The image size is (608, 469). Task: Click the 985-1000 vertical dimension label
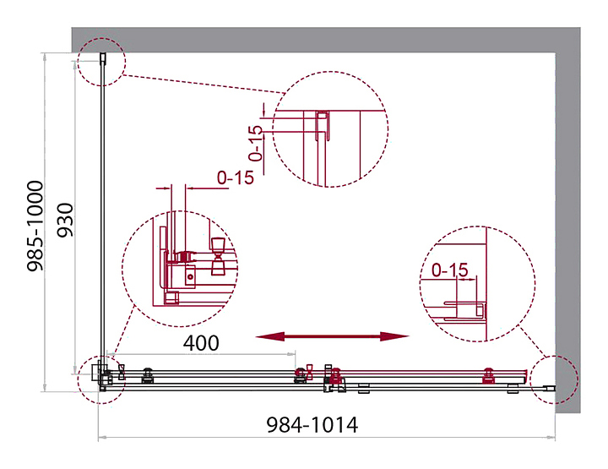35,226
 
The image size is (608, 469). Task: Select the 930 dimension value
65,220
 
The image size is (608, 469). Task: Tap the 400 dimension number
201,343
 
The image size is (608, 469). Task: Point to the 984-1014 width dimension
312,425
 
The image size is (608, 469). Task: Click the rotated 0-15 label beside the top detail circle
256,143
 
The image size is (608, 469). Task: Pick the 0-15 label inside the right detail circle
450,270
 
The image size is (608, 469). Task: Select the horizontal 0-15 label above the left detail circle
235,177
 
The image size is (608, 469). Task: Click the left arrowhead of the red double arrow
270,336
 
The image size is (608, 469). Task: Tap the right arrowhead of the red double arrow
394,336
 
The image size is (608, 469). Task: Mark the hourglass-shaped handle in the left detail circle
218,256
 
